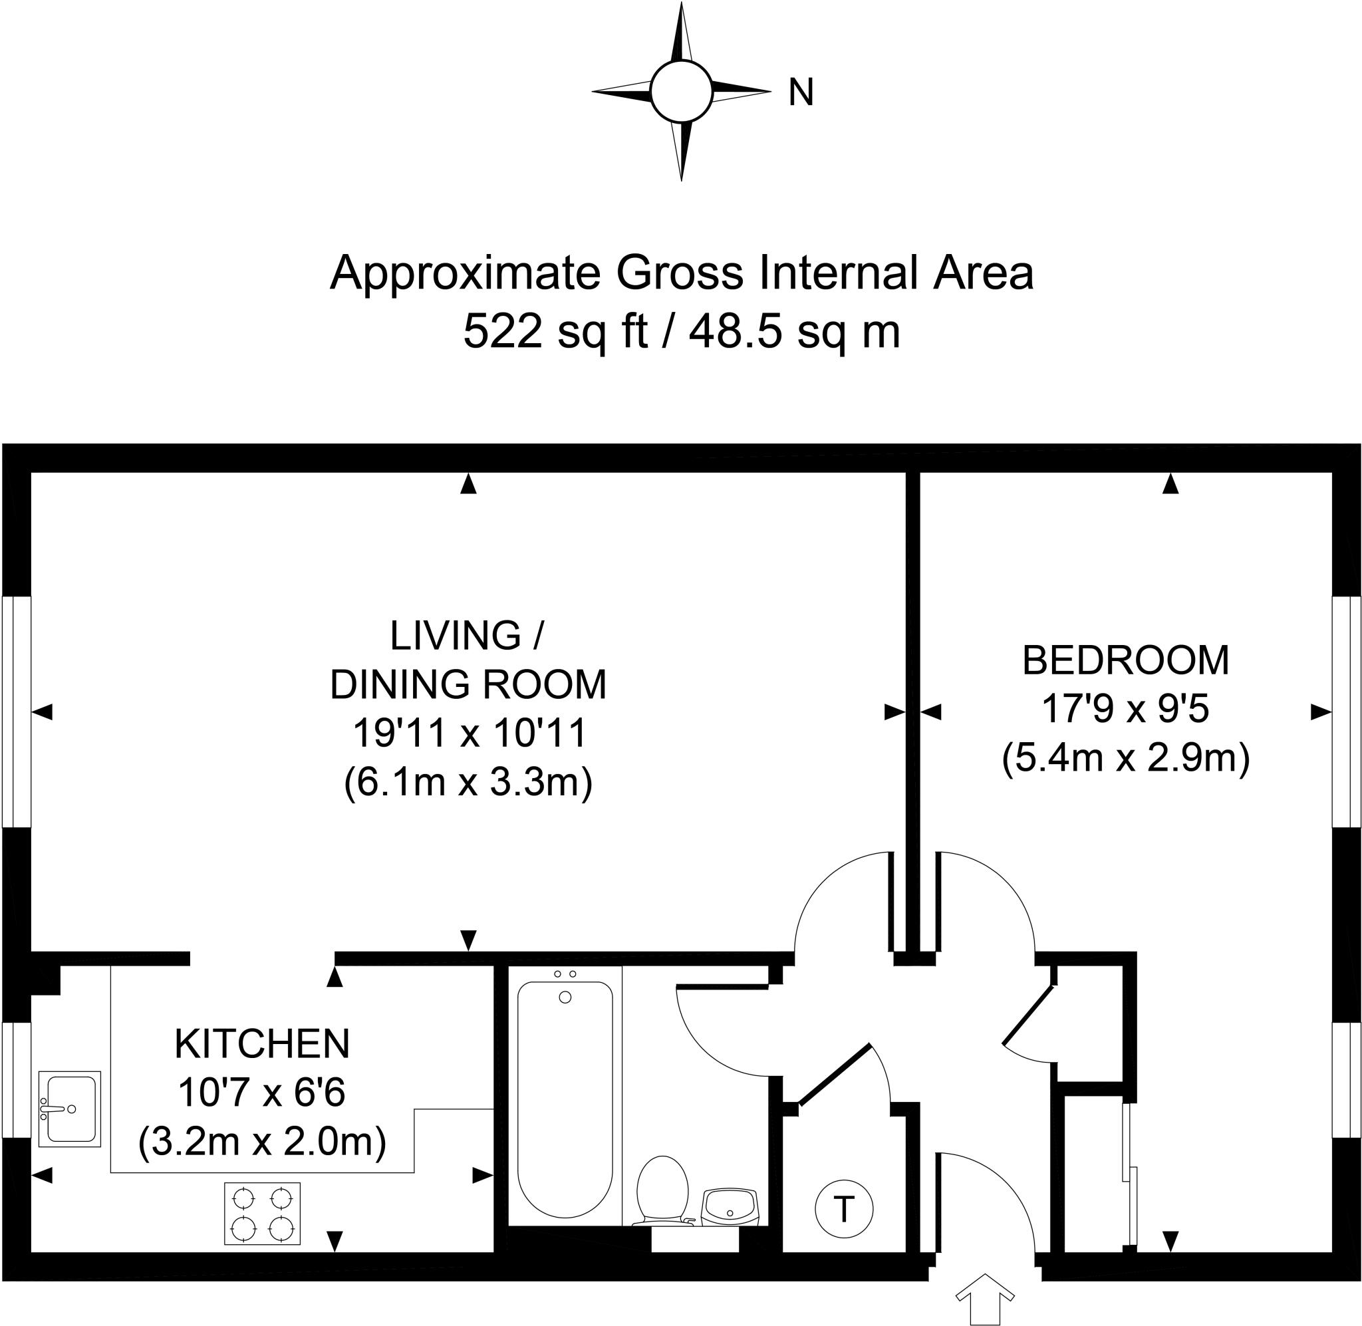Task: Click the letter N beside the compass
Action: click(x=801, y=92)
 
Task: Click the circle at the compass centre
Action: click(x=680, y=91)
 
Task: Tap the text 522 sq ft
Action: click(x=555, y=331)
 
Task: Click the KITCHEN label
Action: click(x=262, y=1043)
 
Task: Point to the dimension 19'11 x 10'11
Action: click(x=470, y=733)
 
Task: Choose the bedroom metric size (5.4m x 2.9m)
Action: click(x=1125, y=757)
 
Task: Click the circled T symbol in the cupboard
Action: click(x=843, y=1209)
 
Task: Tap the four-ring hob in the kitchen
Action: click(x=262, y=1214)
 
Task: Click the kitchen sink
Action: click(x=70, y=1108)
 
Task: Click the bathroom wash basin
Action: click(x=730, y=1206)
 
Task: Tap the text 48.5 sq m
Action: click(x=795, y=331)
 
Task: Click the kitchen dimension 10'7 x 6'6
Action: click(x=262, y=1092)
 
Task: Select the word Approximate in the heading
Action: click(x=464, y=273)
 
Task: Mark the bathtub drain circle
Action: click(x=565, y=997)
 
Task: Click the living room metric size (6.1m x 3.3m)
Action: click(x=468, y=782)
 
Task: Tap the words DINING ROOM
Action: click(x=468, y=684)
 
